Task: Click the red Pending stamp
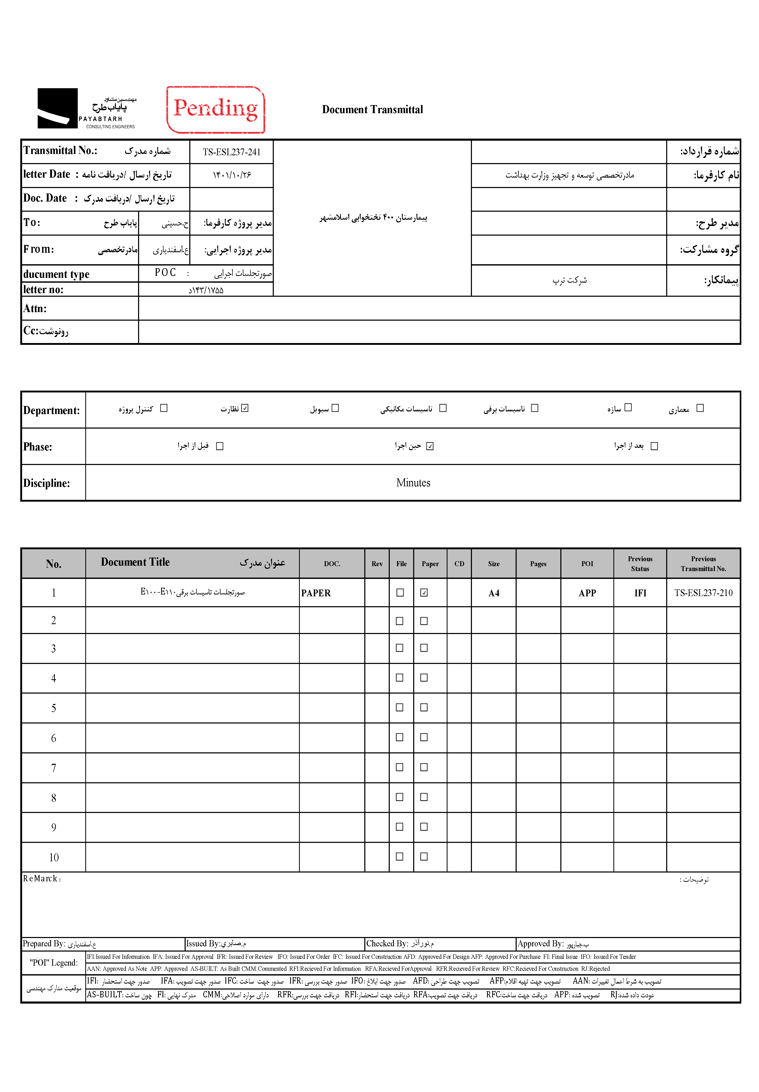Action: click(x=216, y=109)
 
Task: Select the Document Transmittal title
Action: click(x=372, y=109)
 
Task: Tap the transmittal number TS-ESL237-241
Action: click(x=232, y=152)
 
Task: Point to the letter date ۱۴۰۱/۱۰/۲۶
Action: click(x=232, y=175)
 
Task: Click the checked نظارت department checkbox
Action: click(x=245, y=408)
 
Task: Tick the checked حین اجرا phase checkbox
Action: click(x=430, y=446)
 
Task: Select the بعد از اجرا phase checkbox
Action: click(x=654, y=446)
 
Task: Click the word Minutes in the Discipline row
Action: click(x=413, y=483)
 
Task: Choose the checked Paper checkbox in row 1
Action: click(x=424, y=593)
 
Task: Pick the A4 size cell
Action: click(x=494, y=593)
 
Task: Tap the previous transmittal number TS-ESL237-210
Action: click(x=703, y=593)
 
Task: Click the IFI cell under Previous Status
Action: click(x=640, y=593)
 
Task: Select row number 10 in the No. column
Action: click(x=54, y=857)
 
